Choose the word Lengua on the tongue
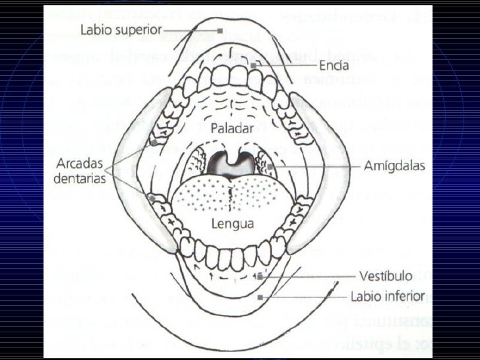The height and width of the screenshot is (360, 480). pos(232,223)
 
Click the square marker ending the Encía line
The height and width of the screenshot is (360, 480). pos(253,66)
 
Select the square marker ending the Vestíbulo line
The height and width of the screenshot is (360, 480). pos(260,276)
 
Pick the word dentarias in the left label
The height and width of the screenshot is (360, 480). pos(81,177)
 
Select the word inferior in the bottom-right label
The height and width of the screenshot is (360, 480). pos(406,297)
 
